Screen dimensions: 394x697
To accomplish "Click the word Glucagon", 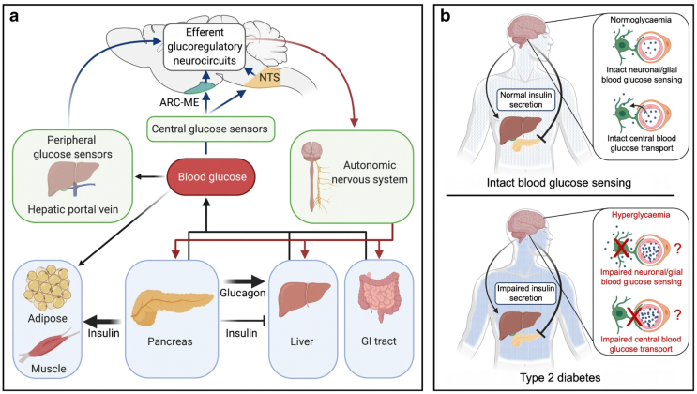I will click(240, 265).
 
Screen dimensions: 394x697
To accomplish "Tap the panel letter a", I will click(15, 16).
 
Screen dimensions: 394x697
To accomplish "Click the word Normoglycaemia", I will click(631, 20).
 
